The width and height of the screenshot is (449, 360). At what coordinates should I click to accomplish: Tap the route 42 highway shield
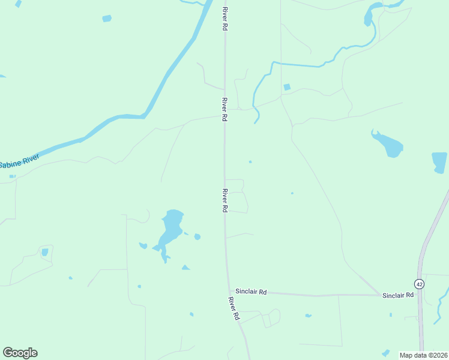tap(419, 284)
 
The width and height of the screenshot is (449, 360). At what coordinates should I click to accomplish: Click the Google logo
tap(20, 353)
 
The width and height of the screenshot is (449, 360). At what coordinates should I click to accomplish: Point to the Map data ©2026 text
tap(423, 355)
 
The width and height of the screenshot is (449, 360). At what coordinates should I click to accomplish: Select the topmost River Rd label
tap(225, 19)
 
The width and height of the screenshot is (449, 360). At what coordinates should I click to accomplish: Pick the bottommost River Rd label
tap(234, 308)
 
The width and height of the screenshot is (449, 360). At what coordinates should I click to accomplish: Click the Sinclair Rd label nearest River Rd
tap(251, 291)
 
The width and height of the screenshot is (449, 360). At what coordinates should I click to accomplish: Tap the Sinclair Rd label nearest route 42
tap(398, 295)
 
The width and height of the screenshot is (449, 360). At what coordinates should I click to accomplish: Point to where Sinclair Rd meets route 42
tap(418, 295)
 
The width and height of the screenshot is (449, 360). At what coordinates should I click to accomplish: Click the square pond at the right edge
tap(439, 161)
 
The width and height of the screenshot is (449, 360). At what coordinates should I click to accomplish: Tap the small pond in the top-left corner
tap(107, 19)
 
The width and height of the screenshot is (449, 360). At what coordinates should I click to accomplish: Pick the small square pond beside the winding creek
tap(287, 87)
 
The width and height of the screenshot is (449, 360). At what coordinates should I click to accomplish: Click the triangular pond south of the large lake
tap(185, 267)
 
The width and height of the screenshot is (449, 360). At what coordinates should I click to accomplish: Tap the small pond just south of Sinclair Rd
tap(308, 316)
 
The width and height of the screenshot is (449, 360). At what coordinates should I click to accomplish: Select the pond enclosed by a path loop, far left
tap(44, 252)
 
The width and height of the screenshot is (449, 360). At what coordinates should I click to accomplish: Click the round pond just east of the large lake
tap(197, 236)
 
